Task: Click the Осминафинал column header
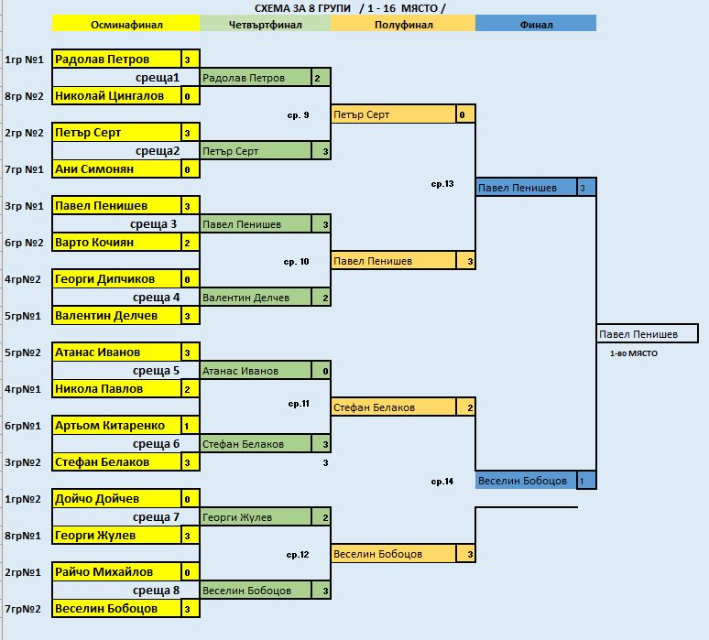coord(125,25)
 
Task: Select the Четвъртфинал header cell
coord(264,25)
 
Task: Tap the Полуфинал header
coord(403,25)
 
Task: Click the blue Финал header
coord(535,25)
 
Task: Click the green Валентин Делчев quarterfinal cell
coord(255,298)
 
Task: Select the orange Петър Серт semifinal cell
coord(393,114)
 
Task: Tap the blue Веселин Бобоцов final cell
coord(526,481)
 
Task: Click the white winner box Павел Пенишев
coord(647,334)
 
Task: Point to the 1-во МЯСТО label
coord(633,353)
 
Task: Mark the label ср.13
coord(442,184)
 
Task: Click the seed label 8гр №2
coord(24,96)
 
